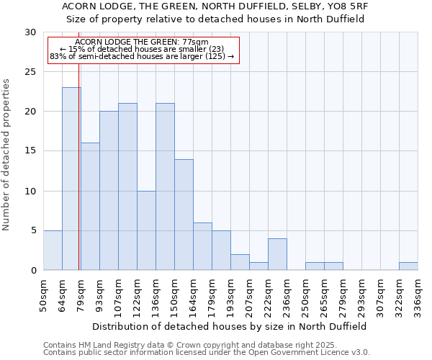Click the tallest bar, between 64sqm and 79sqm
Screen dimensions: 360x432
[x=71, y=179]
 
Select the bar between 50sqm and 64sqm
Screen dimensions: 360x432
[x=53, y=250]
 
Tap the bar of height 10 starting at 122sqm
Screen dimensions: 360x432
[x=146, y=230]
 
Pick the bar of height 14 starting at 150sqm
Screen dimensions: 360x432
[x=184, y=215]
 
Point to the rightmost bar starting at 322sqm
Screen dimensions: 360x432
[x=408, y=266]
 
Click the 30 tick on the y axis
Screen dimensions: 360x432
[x=30, y=32]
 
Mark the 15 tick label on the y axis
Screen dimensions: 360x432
[x=30, y=151]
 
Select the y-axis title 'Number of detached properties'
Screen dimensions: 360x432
[x=7, y=155]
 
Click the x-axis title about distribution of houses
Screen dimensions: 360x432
[x=230, y=326]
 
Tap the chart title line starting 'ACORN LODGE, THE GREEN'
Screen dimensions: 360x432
[x=215, y=6]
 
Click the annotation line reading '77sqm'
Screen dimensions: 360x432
[x=142, y=42]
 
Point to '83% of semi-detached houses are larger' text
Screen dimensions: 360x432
[x=142, y=56]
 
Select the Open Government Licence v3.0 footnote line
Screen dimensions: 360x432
[x=207, y=353]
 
